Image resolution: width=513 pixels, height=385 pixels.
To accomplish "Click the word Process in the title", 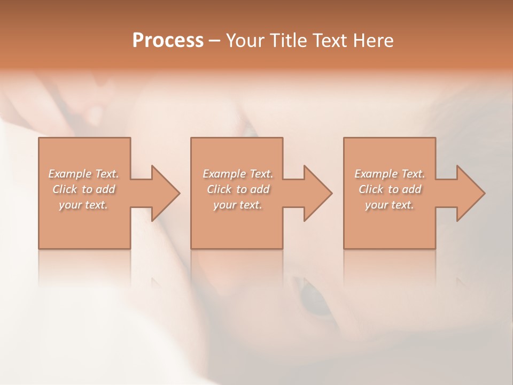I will pyautogui.click(x=168, y=41).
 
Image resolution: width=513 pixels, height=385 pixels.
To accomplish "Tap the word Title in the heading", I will pyautogui.click(x=287, y=41).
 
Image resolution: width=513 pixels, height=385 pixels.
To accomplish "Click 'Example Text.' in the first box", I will pyautogui.click(x=83, y=174).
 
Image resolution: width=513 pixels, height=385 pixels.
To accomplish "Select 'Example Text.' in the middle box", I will pyautogui.click(x=238, y=174).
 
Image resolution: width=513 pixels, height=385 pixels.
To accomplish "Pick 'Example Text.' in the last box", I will pyautogui.click(x=390, y=174).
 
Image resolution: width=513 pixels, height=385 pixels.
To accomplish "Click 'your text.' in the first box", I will pyautogui.click(x=83, y=205).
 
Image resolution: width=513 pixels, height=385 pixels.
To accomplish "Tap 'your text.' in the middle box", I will pyautogui.click(x=238, y=205).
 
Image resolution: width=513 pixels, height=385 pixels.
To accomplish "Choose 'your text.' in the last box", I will pyautogui.click(x=390, y=205).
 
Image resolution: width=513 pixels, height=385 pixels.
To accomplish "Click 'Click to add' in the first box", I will pyautogui.click(x=83, y=189).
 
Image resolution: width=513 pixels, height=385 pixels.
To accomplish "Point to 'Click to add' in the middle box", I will pyautogui.click(x=238, y=189).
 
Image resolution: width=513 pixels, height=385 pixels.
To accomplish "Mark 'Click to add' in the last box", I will pyautogui.click(x=390, y=189).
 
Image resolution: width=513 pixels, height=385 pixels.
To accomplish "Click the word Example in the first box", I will pyautogui.click(x=70, y=174).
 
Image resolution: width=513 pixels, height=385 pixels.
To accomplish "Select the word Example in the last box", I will pyautogui.click(x=376, y=174).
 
